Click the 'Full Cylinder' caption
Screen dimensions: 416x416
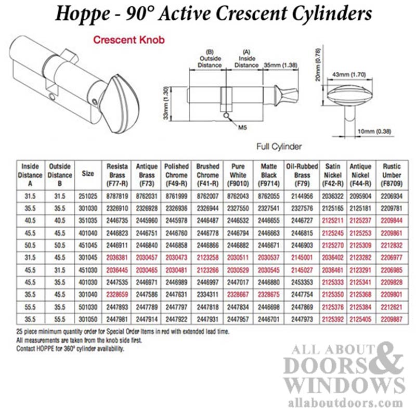pyautogui.click(x=279, y=147)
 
